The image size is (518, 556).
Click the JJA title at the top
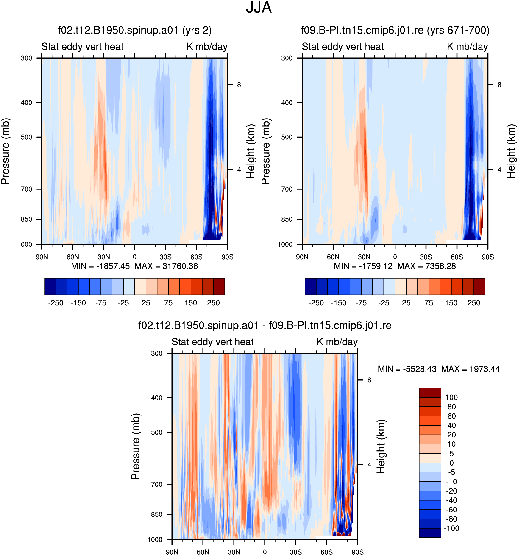pyautogui.click(x=259, y=8)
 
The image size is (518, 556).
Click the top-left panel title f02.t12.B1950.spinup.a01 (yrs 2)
pyautogui.click(x=135, y=30)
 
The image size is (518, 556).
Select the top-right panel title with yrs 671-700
pyautogui.click(x=395, y=30)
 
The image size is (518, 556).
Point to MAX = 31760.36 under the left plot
pyautogui.click(x=166, y=266)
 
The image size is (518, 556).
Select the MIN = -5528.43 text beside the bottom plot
pyautogui.click(x=407, y=369)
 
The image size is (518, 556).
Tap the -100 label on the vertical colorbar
pyautogui.click(x=451, y=528)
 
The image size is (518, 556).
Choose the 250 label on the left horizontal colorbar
pyautogui.click(x=213, y=303)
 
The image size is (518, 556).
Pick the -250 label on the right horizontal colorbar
pyautogui.click(x=316, y=303)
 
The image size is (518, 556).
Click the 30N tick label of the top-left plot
pyautogui.click(x=104, y=257)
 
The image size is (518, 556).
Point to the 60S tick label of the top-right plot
pyautogui.click(x=457, y=257)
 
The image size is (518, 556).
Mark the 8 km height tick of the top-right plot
pyautogui.click(x=499, y=85)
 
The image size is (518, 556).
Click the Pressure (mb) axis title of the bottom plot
pyautogui.click(x=136, y=446)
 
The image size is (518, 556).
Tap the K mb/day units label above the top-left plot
pyautogui.click(x=207, y=46)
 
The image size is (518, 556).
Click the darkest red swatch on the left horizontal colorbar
pyautogui.click(x=219, y=286)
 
